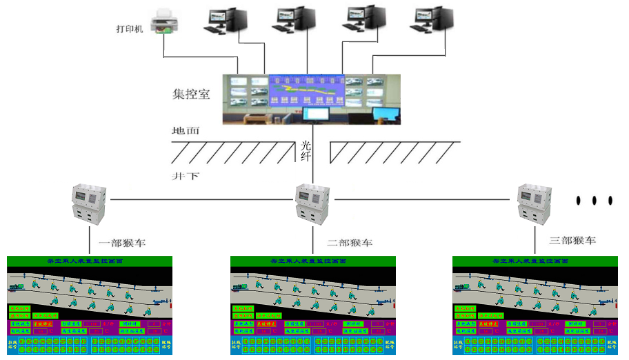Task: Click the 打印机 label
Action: click(x=130, y=30)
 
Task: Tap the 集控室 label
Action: click(x=191, y=94)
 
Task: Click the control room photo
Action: click(x=311, y=99)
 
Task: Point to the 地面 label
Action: click(x=186, y=130)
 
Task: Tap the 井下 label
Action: click(x=186, y=177)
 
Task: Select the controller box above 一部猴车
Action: click(x=90, y=204)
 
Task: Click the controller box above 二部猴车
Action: click(x=313, y=204)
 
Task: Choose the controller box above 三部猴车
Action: click(x=537, y=204)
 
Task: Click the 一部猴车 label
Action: click(x=122, y=243)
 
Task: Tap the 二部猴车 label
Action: click(x=350, y=243)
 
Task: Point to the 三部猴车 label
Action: click(x=572, y=241)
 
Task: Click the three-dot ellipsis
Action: click(x=594, y=200)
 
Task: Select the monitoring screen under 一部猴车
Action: click(x=90, y=306)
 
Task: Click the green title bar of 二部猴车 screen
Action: click(x=313, y=261)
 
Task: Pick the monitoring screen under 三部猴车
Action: click(x=536, y=306)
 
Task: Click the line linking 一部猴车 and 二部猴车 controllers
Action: click(x=200, y=200)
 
